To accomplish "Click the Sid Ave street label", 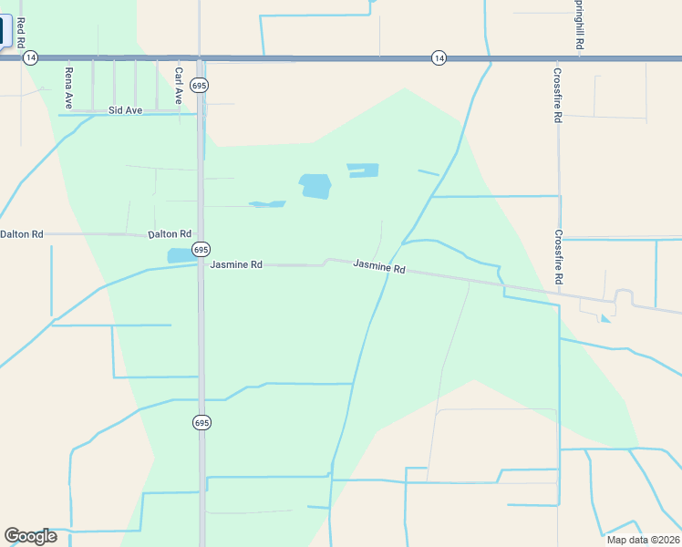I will click(126, 110).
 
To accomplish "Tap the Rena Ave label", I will click(68, 88).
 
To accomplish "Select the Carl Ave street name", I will click(179, 85).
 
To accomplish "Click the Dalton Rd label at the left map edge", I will click(21, 234).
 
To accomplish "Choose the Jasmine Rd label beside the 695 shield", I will click(236, 264).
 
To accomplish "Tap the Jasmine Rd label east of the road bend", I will click(378, 268).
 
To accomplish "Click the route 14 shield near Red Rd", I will click(31, 57).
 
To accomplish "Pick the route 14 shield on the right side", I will click(439, 57).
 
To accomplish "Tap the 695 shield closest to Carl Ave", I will click(201, 85).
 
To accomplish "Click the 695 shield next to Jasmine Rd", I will click(201, 249).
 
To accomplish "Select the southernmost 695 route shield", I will click(201, 422).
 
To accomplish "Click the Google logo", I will click(30, 536).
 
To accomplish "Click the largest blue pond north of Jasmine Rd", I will click(315, 186).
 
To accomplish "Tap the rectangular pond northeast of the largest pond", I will click(362, 170).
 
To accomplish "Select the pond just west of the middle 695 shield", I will click(179, 256).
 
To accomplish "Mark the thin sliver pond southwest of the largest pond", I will click(266, 204).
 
